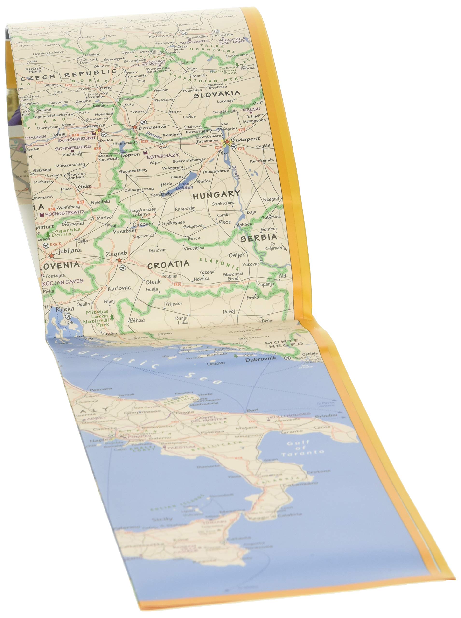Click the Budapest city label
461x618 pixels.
[245, 139]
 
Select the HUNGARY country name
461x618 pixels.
[216, 195]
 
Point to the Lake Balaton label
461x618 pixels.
[184, 185]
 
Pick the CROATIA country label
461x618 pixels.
[168, 265]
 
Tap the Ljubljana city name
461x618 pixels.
[68, 251]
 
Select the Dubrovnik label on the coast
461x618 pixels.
[261, 359]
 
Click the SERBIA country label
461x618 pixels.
[259, 238]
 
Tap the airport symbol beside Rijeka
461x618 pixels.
[68, 316]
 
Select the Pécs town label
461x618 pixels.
[225, 222]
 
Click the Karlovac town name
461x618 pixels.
[119, 288]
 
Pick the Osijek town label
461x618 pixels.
[237, 255]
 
